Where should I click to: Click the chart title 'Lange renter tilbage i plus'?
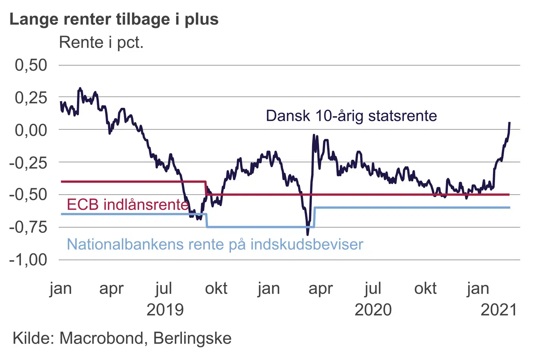[114, 19]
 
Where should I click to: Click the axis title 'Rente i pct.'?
[101, 42]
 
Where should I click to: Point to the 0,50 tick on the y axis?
[31, 65]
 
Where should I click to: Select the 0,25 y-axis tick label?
[31, 98]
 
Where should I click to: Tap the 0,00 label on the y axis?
[31, 130]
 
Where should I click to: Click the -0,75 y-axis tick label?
[28, 227]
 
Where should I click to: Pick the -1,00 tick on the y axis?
[28, 260]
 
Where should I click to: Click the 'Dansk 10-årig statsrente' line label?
[351, 116]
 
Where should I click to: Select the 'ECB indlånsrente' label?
[127, 204]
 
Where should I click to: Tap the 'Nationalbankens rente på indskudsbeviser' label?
[215, 244]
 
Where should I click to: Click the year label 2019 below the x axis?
[165, 310]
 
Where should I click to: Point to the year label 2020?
[373, 310]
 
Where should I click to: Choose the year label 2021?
[499, 310]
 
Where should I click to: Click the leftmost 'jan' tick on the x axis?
[60, 289]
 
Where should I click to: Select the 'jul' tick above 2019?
[164, 289]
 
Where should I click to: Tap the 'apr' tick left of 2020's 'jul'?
[321, 289]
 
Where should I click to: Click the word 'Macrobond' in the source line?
[102, 338]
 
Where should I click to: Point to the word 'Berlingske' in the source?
[192, 338]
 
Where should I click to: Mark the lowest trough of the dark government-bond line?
[307, 234]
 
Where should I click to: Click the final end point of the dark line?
[509, 123]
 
